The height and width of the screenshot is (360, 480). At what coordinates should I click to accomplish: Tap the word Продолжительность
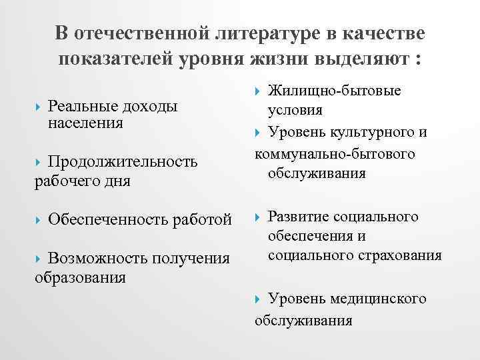pos(123,162)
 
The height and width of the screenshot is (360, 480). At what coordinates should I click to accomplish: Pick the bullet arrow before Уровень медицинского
pos(259,299)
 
